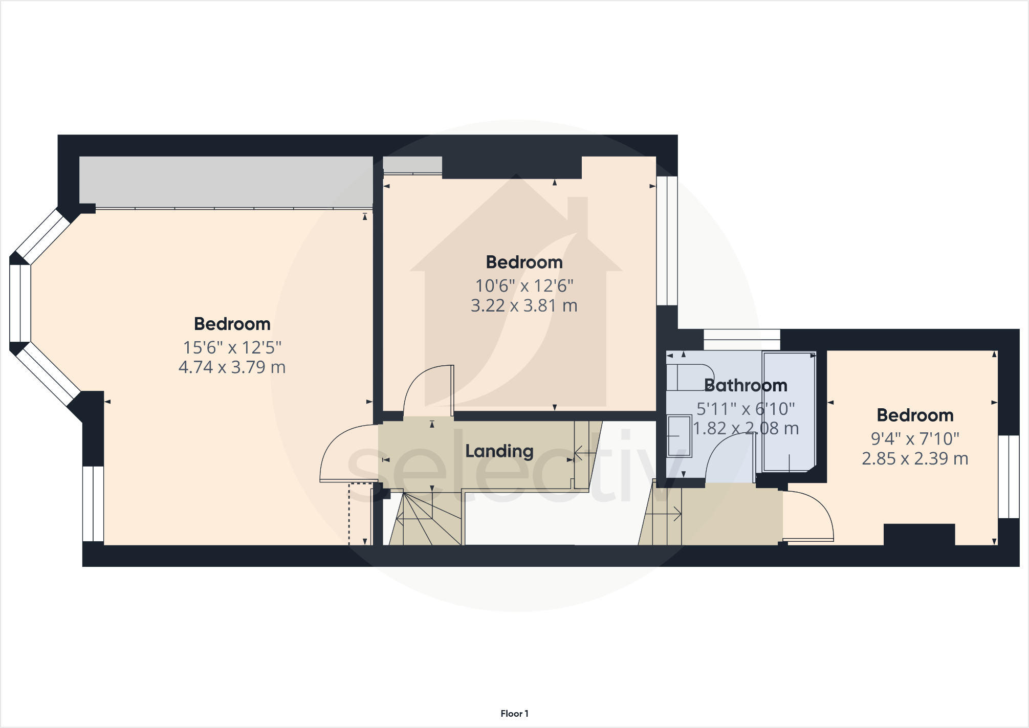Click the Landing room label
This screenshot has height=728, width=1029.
click(x=499, y=451)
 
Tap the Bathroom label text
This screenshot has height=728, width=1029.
click(x=745, y=385)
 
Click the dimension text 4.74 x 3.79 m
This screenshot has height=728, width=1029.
click(x=232, y=367)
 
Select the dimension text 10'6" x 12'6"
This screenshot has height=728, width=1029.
click(x=524, y=285)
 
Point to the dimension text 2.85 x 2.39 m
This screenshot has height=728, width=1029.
click(x=914, y=458)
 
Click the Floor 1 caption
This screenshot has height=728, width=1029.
click(x=514, y=713)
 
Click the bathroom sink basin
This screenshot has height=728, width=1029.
click(x=680, y=436)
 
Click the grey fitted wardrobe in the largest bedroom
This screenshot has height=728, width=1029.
click(x=226, y=181)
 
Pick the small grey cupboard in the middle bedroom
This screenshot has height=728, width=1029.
click(x=412, y=165)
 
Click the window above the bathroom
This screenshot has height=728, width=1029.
click(x=741, y=340)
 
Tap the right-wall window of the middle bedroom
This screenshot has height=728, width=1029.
click(x=667, y=240)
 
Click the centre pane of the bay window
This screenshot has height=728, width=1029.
click(x=20, y=303)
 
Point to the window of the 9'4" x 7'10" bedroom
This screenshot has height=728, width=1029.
click(x=1009, y=476)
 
